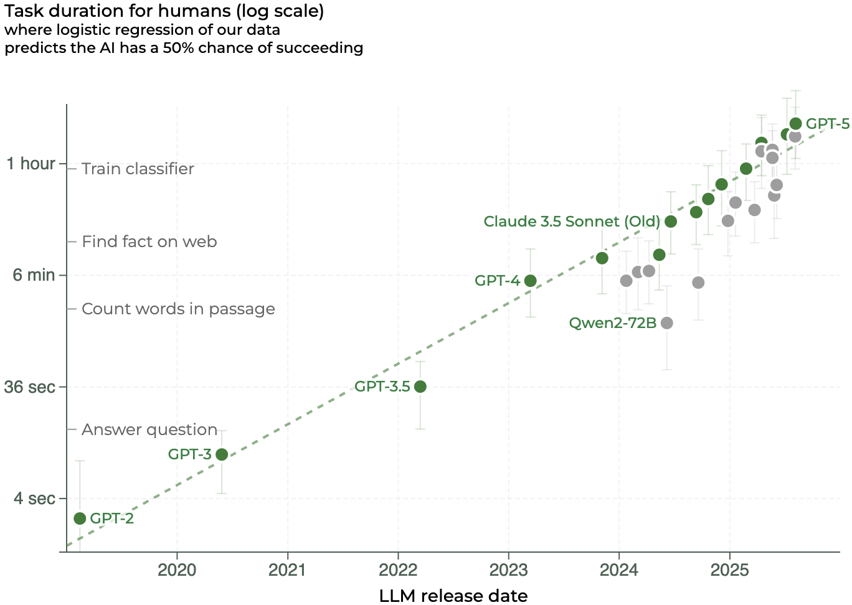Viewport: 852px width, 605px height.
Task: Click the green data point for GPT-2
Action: pos(80,518)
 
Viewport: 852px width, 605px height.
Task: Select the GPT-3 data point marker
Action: pos(222,454)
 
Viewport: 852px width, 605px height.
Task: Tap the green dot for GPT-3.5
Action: pos(420,387)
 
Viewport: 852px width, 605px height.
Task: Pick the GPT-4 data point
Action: pos(531,281)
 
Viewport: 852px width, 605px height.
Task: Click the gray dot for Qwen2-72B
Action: pos(667,323)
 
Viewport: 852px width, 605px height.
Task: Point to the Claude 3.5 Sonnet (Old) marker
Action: pos(671,222)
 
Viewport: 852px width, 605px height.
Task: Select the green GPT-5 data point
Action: pos(796,123)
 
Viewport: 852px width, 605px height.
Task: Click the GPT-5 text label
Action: pos(827,124)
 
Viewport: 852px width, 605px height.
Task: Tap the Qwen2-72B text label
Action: pos(612,323)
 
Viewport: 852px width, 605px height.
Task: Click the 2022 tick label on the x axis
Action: pos(398,570)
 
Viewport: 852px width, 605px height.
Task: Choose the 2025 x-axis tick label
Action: pos(729,570)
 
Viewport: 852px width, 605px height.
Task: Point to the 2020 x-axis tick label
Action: pos(177,570)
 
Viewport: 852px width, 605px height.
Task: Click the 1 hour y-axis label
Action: pos(31,164)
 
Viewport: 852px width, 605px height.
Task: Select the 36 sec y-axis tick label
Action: pos(30,387)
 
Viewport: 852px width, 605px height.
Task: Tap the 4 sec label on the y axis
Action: pos(35,499)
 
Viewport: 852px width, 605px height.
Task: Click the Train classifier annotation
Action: pos(138,169)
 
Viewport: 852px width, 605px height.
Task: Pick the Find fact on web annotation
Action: pos(149,242)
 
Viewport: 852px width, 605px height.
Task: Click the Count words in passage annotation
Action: pos(178,309)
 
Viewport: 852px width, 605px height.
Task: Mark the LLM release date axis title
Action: pos(453,596)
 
